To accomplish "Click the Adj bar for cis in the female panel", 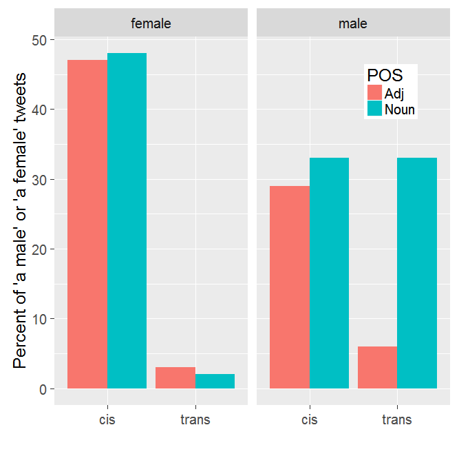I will [x=87, y=225].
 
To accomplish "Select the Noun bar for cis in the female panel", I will [x=127, y=221].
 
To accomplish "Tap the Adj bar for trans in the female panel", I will [x=175, y=378].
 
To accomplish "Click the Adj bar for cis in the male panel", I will [x=289, y=287].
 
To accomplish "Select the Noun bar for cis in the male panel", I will [x=329, y=273].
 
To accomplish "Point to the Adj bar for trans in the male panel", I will [x=377, y=368].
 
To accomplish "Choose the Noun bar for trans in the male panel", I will [x=417, y=273].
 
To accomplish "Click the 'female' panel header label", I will [x=151, y=23].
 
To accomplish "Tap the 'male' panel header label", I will [x=353, y=23].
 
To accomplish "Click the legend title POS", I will [x=384, y=75].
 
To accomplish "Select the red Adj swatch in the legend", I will [x=375, y=93].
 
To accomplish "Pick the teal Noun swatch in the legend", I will [x=375, y=109].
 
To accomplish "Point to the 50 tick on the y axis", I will [x=39, y=40].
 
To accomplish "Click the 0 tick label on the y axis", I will [x=43, y=389].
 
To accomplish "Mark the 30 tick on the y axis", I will [x=39, y=180].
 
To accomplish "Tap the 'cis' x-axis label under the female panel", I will [x=107, y=419].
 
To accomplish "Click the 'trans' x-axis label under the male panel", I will [x=397, y=419].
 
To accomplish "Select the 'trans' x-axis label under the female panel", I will [x=195, y=419].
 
